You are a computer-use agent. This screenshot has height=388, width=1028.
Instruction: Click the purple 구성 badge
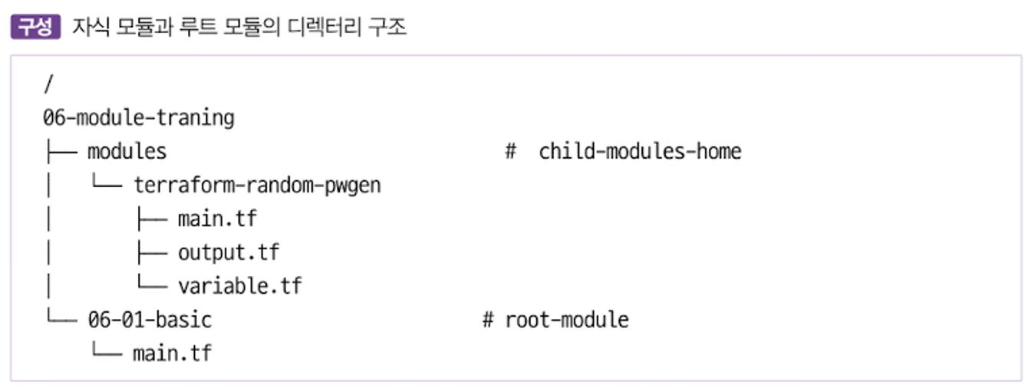pos(36,27)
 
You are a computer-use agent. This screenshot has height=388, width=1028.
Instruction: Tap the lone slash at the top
pos(48,84)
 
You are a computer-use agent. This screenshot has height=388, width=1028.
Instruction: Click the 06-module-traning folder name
pos(139,118)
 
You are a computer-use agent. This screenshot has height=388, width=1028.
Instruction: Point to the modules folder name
pos(127,151)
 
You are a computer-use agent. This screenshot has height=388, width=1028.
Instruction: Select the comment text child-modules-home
pos(641,151)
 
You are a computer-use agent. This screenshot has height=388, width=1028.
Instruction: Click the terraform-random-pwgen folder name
pos(258,186)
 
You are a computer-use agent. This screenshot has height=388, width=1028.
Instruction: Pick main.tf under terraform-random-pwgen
pos(218,219)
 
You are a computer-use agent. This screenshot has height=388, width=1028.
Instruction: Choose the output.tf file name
pos(229,253)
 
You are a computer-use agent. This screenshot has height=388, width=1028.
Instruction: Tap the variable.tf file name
pos(240,286)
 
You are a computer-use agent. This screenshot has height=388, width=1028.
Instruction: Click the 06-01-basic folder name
pos(150,320)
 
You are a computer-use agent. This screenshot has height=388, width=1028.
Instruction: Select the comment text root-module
pos(567,320)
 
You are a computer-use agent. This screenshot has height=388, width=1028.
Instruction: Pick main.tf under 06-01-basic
pos(173,353)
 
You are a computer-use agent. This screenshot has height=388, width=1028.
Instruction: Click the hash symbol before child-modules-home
pos(511,151)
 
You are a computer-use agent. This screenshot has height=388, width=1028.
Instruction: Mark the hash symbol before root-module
pos(488,320)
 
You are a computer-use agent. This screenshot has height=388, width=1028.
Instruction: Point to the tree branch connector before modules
pos(62,152)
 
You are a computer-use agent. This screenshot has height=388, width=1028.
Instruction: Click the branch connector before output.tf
pos(152,253)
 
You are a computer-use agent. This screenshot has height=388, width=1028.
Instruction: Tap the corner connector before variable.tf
pos(152,282)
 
